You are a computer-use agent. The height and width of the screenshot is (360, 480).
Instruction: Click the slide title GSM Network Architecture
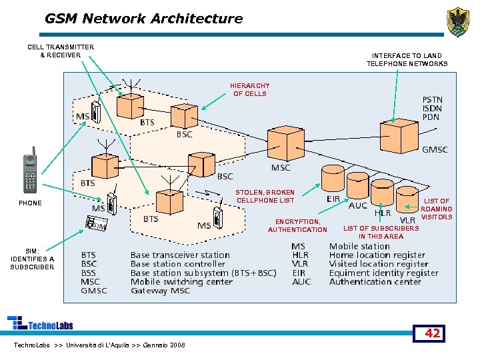[x=143, y=19]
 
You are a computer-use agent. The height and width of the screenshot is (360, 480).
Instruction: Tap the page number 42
[x=432, y=333]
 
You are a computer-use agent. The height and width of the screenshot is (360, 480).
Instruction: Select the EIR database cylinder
[x=332, y=179]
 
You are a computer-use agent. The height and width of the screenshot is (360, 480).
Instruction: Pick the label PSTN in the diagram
[x=432, y=100]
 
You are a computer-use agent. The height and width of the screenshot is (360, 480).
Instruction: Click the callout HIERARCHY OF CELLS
[x=250, y=90]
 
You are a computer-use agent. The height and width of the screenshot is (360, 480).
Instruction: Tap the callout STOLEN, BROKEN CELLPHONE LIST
[x=265, y=197]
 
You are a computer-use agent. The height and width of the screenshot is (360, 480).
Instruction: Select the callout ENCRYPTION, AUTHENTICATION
[x=297, y=226]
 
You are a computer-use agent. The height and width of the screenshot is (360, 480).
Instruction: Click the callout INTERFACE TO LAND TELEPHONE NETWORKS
[x=407, y=60]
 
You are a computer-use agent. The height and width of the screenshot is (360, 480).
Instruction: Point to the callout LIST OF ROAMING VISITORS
[x=437, y=209]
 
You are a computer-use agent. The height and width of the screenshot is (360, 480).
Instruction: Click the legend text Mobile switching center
[x=181, y=281]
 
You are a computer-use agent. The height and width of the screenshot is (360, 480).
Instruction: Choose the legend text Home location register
[x=377, y=255]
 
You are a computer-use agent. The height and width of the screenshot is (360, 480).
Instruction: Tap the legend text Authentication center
[x=375, y=281]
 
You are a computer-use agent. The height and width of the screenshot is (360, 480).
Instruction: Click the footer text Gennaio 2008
[x=160, y=345]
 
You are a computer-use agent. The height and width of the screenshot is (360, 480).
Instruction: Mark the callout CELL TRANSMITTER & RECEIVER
[x=61, y=51]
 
